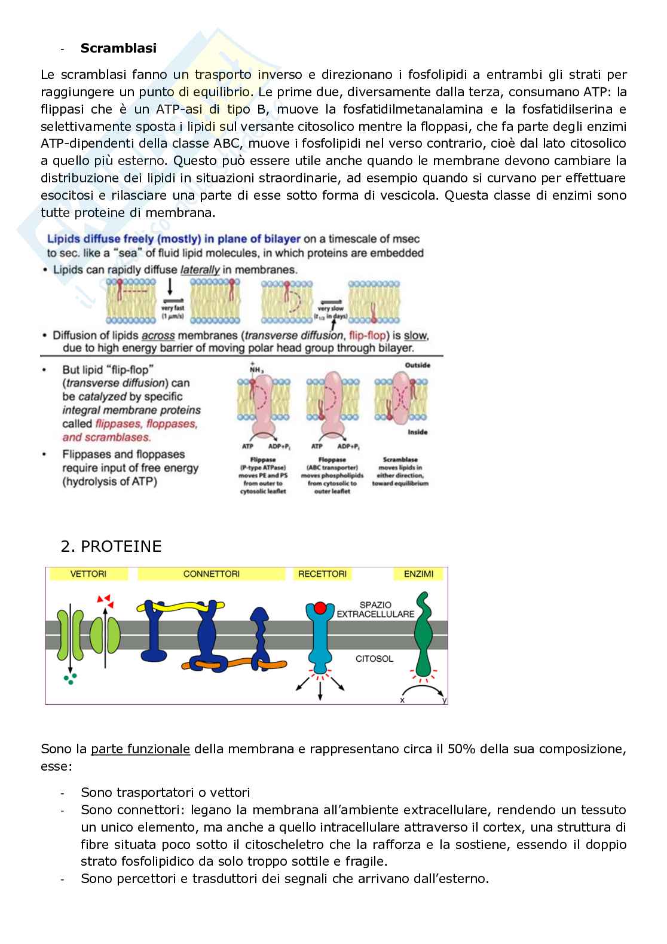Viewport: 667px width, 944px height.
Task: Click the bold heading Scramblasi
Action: pos(118,48)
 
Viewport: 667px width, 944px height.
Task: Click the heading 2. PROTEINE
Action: pos(111,546)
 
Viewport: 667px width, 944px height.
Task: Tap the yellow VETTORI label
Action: pos(88,574)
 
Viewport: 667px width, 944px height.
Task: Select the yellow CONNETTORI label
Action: pos(212,574)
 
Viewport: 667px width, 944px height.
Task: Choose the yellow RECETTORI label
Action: pos(322,574)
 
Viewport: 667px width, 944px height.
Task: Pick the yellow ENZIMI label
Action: pos(418,574)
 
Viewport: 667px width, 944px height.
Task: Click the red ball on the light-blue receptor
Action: pos(320,608)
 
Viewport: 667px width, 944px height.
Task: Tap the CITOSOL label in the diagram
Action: pos(374,659)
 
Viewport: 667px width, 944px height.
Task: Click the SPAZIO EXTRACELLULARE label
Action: pos(375,609)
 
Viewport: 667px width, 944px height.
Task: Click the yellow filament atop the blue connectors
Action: pos(179,606)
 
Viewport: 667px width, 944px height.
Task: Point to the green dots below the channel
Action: pos(70,679)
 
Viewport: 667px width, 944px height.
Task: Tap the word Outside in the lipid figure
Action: pos(417,365)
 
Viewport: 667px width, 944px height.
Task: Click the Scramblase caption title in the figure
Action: pos(400,460)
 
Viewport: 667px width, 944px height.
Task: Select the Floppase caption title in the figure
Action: pos(332,460)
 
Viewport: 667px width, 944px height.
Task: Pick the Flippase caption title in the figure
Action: pos(263,460)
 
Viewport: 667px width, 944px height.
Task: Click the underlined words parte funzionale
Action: pos(140,749)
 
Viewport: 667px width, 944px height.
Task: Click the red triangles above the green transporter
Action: pos(104,598)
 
